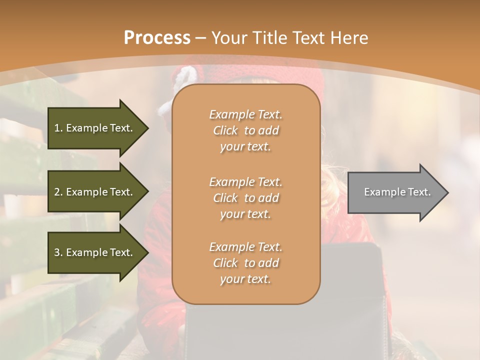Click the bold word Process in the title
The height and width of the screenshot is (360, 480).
pyautogui.click(x=157, y=38)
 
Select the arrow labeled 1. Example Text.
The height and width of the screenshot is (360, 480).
pyautogui.click(x=95, y=128)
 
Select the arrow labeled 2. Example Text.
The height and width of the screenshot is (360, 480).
pyautogui.click(x=95, y=192)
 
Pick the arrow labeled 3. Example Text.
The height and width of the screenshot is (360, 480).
pyautogui.click(x=95, y=252)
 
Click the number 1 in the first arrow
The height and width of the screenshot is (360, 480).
pyautogui.click(x=57, y=128)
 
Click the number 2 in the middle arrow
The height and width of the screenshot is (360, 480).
pyautogui.click(x=57, y=192)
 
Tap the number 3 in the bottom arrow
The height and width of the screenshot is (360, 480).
pyautogui.click(x=57, y=252)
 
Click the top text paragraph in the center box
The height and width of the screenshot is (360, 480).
pyautogui.click(x=245, y=130)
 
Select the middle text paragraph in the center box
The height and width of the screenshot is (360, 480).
pyautogui.click(x=245, y=198)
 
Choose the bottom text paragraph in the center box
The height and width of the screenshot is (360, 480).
pyautogui.click(x=245, y=263)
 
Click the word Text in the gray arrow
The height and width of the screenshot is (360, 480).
pyautogui.click(x=419, y=192)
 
